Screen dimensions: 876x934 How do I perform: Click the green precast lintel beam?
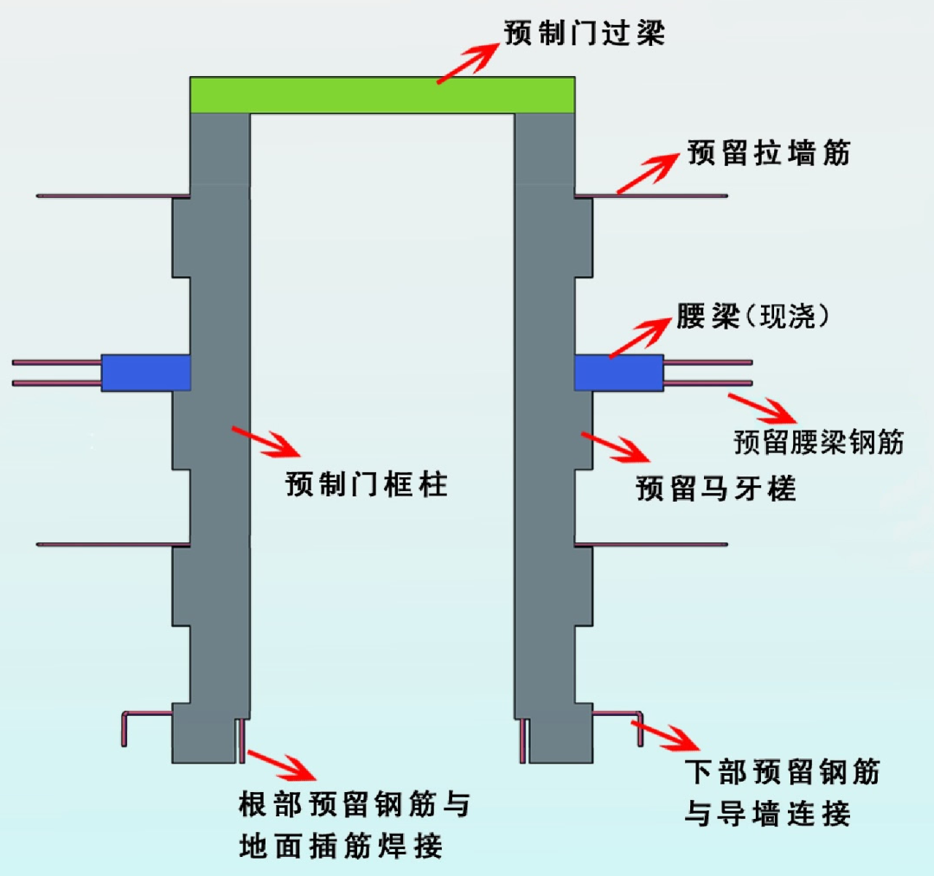[x=382, y=95]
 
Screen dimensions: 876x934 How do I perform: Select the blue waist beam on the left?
[x=145, y=372]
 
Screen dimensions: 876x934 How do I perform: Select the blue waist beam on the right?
[x=618, y=372]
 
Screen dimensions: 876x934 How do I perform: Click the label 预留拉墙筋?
[x=769, y=153]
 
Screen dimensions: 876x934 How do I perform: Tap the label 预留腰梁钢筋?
[x=818, y=442]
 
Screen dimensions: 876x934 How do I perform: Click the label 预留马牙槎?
[x=715, y=489]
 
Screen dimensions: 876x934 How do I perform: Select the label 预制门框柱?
[x=367, y=484]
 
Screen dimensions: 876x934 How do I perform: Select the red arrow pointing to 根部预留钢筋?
[x=281, y=764]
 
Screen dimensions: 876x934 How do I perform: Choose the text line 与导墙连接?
[x=768, y=814]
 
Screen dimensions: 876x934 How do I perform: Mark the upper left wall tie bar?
[x=112, y=196]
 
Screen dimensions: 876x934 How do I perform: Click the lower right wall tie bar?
[x=650, y=545]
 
